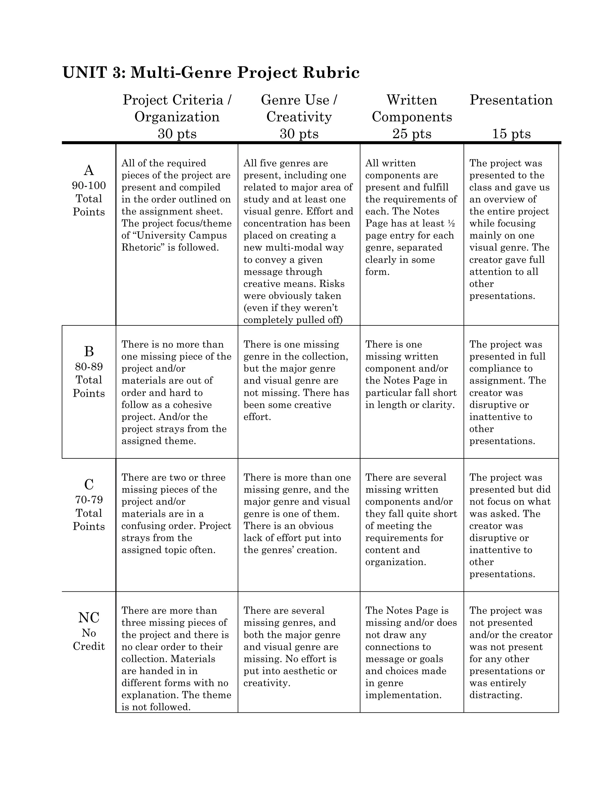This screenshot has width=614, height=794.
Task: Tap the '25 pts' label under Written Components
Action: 411,134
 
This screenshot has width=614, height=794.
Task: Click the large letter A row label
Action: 89,170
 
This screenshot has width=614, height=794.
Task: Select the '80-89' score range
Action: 89,366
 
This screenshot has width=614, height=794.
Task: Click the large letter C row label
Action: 89,484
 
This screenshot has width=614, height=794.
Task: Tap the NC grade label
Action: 89,617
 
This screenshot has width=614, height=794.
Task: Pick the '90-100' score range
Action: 89,185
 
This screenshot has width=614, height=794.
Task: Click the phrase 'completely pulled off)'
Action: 293,320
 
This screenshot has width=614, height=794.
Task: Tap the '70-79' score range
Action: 89,499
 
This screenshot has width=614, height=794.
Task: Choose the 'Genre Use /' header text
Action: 299,100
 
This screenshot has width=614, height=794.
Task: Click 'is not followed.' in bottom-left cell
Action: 156,707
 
